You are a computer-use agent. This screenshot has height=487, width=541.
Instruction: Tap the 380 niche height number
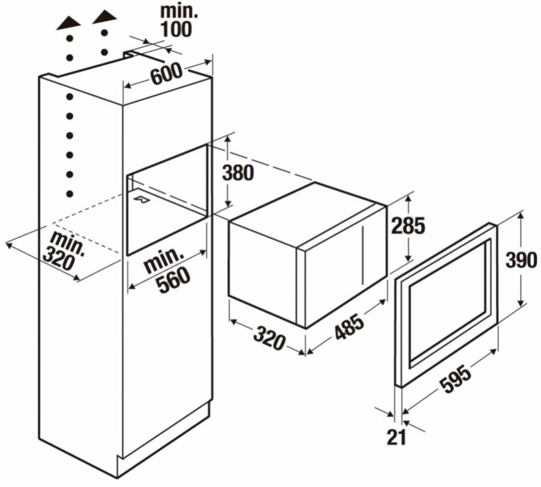pyautogui.click(x=238, y=173)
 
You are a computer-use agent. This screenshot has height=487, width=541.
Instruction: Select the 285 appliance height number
pyautogui.click(x=408, y=226)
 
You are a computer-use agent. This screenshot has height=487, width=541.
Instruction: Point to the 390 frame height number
pyautogui.click(x=521, y=260)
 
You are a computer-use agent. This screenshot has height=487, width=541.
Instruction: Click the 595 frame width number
pyautogui.click(x=456, y=380)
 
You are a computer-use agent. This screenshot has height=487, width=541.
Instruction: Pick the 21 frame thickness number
pyautogui.click(x=396, y=438)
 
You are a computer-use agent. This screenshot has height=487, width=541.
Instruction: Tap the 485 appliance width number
pyautogui.click(x=349, y=326)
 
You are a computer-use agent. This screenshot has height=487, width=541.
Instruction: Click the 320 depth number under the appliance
pyautogui.click(x=269, y=338)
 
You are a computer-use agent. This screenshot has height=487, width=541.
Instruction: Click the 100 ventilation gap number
pyautogui.click(x=176, y=29)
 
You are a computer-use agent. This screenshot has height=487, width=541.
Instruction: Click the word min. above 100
pyautogui.click(x=179, y=11)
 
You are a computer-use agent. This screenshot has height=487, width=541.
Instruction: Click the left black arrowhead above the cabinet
pyautogui.click(x=69, y=23)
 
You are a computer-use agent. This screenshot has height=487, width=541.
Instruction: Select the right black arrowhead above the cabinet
pyautogui.click(x=104, y=18)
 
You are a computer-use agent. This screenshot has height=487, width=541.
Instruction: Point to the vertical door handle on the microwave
pyautogui.click(x=362, y=254)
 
